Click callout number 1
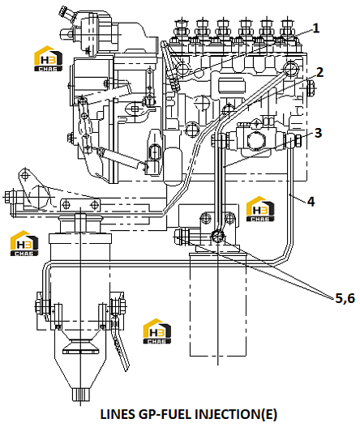tap(315, 28)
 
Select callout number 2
tap(319, 72)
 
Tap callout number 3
tap(318, 133)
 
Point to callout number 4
tap(311, 202)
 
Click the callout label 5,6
tap(345, 298)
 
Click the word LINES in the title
tap(118, 414)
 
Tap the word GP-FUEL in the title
tap(165, 414)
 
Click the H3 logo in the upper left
tap(48, 58)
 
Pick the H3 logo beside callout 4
tap(260, 209)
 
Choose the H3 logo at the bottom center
tap(157, 331)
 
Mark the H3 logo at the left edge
tap(24, 243)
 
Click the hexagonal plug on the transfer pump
tap(256, 141)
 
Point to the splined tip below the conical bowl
tap(80, 395)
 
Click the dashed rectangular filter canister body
tap(218, 305)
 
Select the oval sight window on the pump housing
tap(154, 153)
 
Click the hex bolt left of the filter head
tap(182, 237)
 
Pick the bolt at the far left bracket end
tap(10, 197)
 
